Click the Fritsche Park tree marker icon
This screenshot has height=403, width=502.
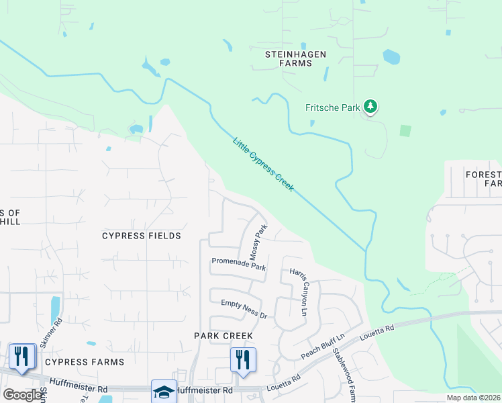tap(370, 106)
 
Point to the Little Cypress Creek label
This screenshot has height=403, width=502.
tap(263, 165)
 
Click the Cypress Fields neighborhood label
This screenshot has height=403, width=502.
tap(141, 236)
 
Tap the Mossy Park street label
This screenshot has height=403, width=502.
tap(258, 242)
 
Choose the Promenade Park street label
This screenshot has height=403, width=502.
tap(238, 264)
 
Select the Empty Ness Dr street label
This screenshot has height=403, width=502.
tap(244, 309)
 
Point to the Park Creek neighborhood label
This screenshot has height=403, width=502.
tap(223, 335)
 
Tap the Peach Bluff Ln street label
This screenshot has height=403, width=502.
tap(323, 345)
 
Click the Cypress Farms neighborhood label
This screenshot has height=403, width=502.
tap(85, 362)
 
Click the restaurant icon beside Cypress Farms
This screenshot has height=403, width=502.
tap(21, 357)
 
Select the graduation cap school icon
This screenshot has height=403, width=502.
tap(164, 391)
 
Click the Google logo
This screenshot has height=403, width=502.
tap(22, 395)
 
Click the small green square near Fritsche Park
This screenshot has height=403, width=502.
tap(405, 130)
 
